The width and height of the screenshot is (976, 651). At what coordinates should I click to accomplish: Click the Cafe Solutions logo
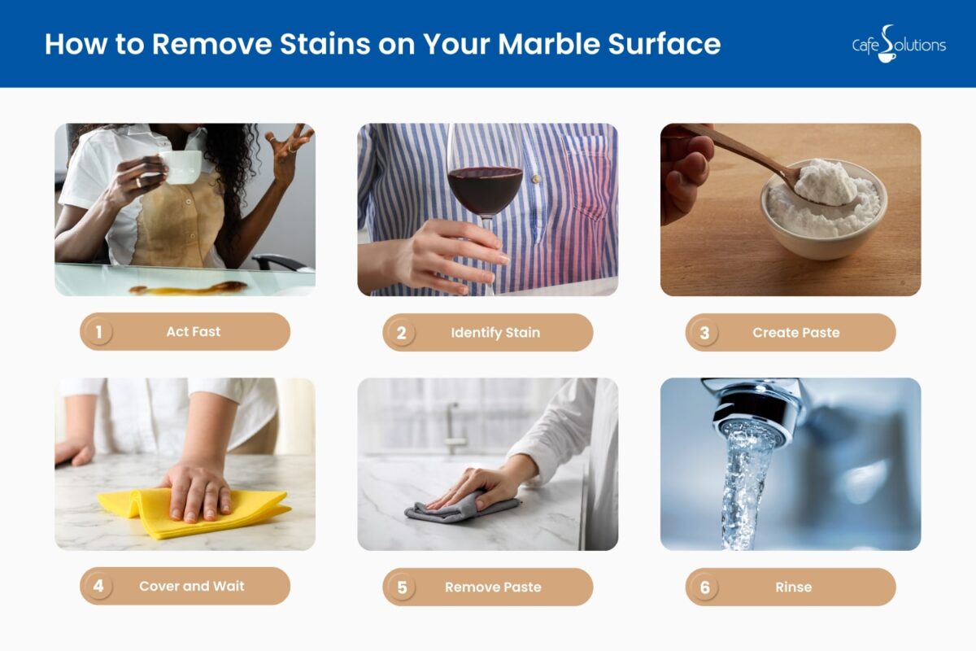tap(898, 44)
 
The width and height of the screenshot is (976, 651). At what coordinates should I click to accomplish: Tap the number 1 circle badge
tap(98, 332)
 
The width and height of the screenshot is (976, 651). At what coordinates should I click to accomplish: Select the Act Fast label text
tap(194, 332)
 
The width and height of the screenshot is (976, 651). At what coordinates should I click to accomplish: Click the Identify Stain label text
tap(495, 333)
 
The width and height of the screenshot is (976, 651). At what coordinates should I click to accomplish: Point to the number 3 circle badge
tap(704, 333)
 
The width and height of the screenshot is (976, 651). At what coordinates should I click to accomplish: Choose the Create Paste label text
tap(795, 333)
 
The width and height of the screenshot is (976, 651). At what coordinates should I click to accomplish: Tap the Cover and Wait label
tap(192, 586)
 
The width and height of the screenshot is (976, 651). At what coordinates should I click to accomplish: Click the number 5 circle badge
tap(401, 587)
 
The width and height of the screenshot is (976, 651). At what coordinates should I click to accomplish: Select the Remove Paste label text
tap(493, 587)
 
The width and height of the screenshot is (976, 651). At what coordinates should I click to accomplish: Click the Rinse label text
tap(793, 587)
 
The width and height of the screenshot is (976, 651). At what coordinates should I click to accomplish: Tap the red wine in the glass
tap(485, 190)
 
